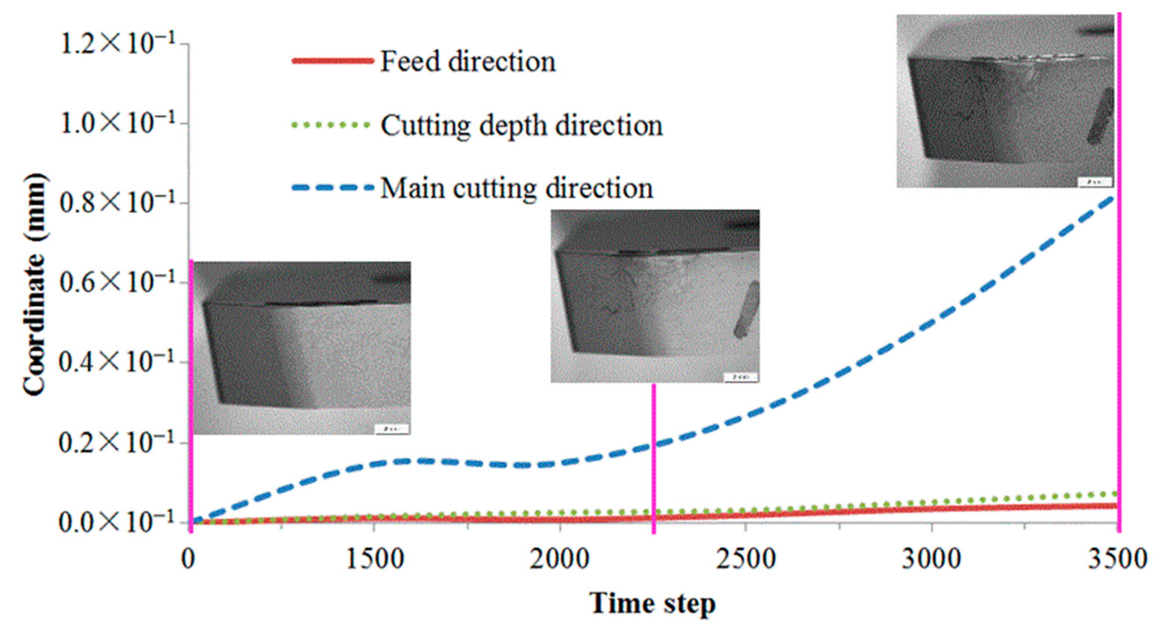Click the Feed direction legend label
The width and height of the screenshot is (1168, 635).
(x=467, y=61)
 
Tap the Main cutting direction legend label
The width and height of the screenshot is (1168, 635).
(x=517, y=188)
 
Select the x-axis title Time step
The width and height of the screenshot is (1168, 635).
(x=653, y=603)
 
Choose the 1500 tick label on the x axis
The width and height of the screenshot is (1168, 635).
(x=374, y=559)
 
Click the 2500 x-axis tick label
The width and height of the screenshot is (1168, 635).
(x=746, y=559)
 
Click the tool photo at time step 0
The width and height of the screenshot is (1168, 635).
(x=302, y=348)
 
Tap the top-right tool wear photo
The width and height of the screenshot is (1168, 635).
(x=1005, y=101)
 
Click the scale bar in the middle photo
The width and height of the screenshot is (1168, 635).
(x=740, y=377)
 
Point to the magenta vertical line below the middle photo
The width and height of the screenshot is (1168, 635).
(x=654, y=458)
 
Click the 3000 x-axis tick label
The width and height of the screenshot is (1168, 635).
(x=931, y=559)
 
